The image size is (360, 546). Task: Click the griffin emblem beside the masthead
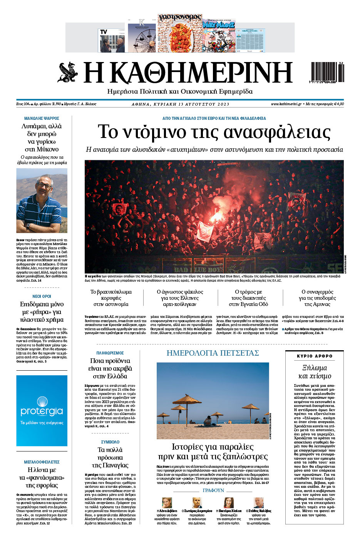69,72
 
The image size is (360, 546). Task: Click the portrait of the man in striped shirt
42,200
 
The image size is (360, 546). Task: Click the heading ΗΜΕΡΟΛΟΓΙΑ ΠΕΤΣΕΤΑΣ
213,353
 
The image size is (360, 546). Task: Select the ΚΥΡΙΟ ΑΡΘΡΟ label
315,356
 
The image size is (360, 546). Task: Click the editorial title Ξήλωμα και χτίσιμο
315,372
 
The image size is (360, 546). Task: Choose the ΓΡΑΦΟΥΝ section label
213,491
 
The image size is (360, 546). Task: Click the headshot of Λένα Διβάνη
167,502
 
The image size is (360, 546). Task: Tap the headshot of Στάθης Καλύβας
258,502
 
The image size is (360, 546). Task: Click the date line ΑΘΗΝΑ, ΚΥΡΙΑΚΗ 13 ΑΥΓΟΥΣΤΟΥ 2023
180,104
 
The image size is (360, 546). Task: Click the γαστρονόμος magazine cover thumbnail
180,33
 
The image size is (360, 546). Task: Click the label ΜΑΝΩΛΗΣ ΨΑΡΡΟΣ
42,118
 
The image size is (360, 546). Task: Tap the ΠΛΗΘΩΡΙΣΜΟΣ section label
110,353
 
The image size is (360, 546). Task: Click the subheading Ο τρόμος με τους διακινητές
248,298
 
